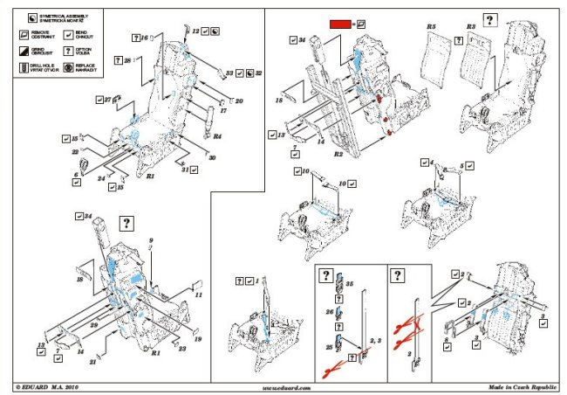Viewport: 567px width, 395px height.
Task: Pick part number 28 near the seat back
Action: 127,60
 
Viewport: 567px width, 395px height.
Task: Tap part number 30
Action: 212,157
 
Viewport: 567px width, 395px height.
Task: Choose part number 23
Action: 181,349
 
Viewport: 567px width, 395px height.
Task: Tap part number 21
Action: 92,360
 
